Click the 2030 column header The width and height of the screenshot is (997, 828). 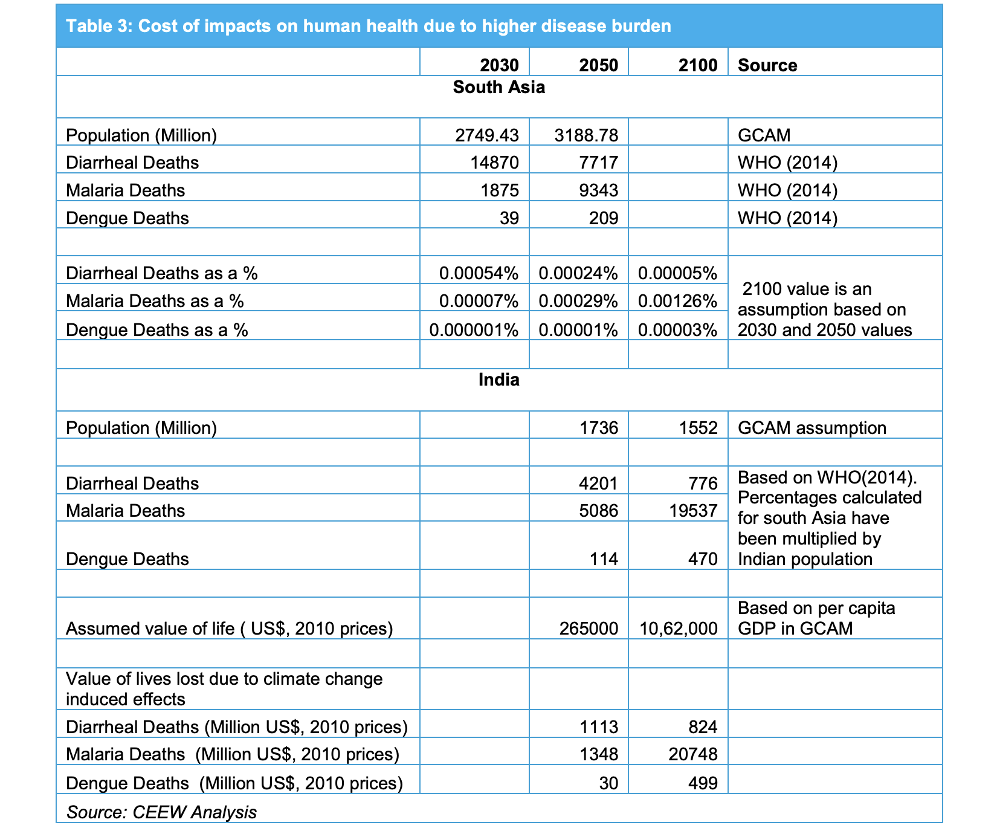pyautogui.click(x=499, y=65)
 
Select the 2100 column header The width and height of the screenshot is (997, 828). pyautogui.click(x=698, y=65)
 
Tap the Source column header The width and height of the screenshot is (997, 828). pyautogui.click(x=767, y=65)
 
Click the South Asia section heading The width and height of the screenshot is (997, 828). pyautogui.click(x=499, y=87)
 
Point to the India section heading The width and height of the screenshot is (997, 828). pyautogui.click(x=499, y=380)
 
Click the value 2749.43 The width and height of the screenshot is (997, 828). pyautogui.click(x=487, y=135)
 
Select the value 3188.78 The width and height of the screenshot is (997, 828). pyautogui.click(x=586, y=135)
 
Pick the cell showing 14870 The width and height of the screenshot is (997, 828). pyautogui.click(x=497, y=163)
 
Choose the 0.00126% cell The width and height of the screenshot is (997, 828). pyautogui.click(x=678, y=301)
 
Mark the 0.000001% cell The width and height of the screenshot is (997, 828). pyautogui.click(x=474, y=330)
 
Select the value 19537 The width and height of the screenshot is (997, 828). pyautogui.click(x=694, y=511)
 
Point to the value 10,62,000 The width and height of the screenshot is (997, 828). pyautogui.click(x=679, y=629)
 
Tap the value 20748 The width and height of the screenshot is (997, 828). pyautogui.click(x=694, y=754)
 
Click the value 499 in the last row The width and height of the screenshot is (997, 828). pyautogui.click(x=703, y=783)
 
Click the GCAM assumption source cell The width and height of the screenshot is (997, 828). pyautogui.click(x=812, y=428)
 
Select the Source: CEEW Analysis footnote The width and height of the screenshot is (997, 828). pyautogui.click(x=161, y=812)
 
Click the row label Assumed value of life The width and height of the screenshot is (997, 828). pyautogui.click(x=229, y=629)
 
